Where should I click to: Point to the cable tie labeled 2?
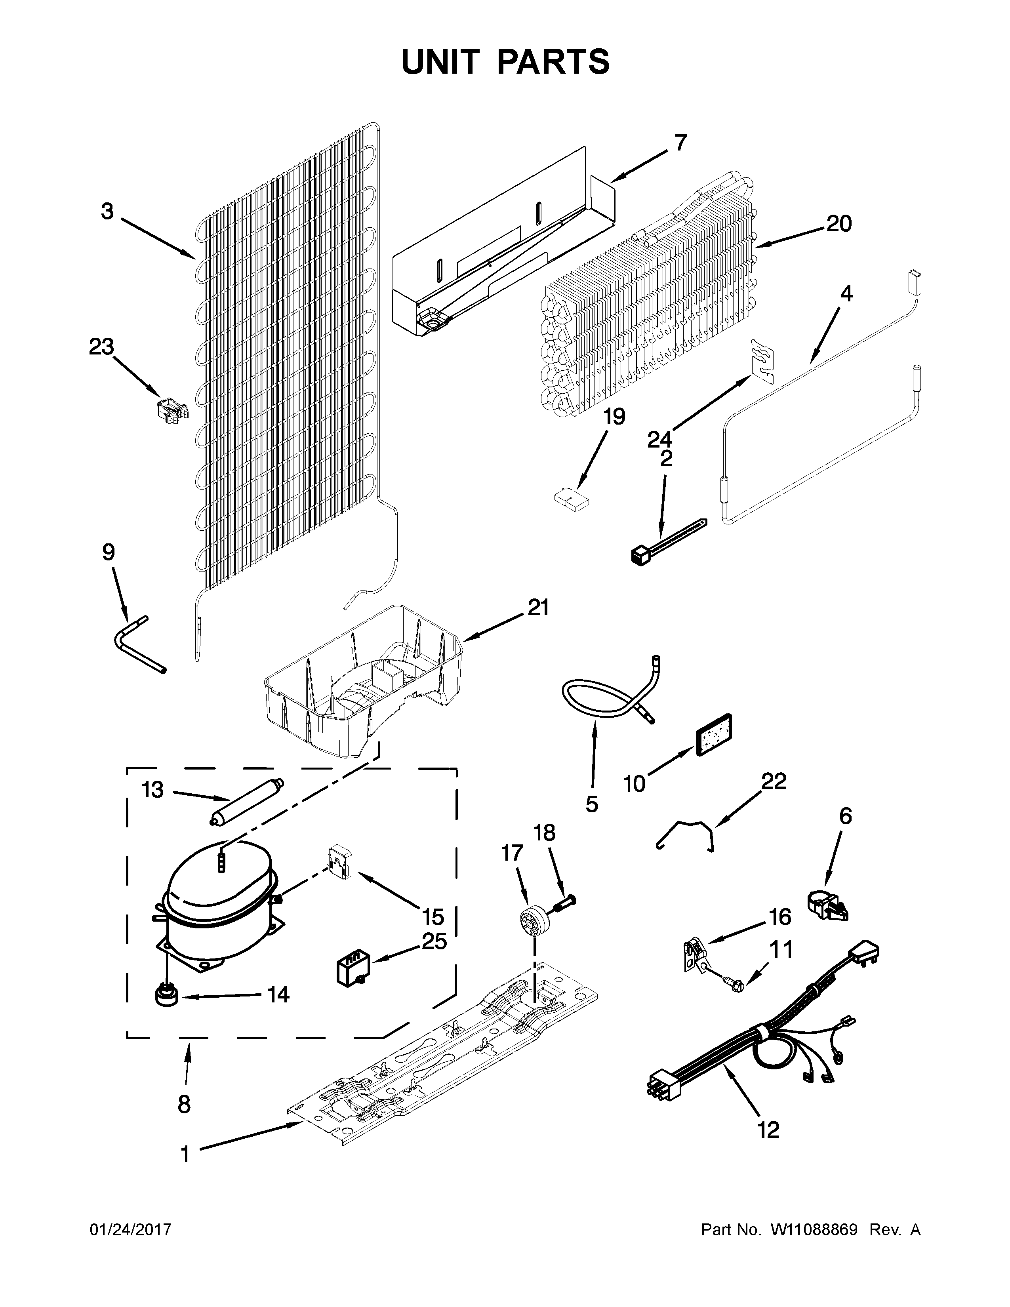coord(667,541)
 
